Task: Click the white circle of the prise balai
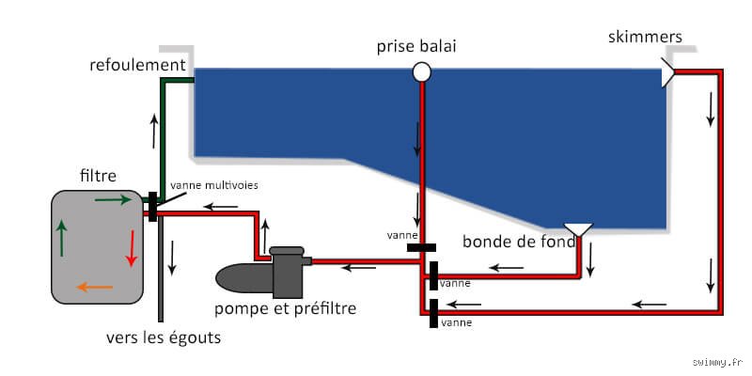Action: tap(421, 72)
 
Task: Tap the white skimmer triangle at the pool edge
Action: tap(667, 72)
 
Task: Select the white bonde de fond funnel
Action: tap(578, 229)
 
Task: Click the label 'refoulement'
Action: tap(137, 65)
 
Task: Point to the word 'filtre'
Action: tap(98, 176)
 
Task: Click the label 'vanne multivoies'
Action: tap(214, 185)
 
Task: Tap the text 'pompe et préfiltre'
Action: tap(286, 308)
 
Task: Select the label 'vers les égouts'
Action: tap(164, 337)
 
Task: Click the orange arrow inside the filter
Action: tap(95, 288)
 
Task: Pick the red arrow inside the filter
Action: tap(131, 247)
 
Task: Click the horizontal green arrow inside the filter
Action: tap(113, 199)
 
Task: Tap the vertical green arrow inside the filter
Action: tap(61, 238)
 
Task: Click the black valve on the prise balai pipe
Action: tap(421, 247)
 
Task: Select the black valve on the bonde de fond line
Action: tap(433, 275)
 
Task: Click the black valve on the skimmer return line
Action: tap(433, 313)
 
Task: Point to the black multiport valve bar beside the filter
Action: tap(152, 207)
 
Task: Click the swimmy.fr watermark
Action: tap(719, 361)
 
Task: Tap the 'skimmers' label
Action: tap(645, 37)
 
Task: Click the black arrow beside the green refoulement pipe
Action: tap(154, 131)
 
